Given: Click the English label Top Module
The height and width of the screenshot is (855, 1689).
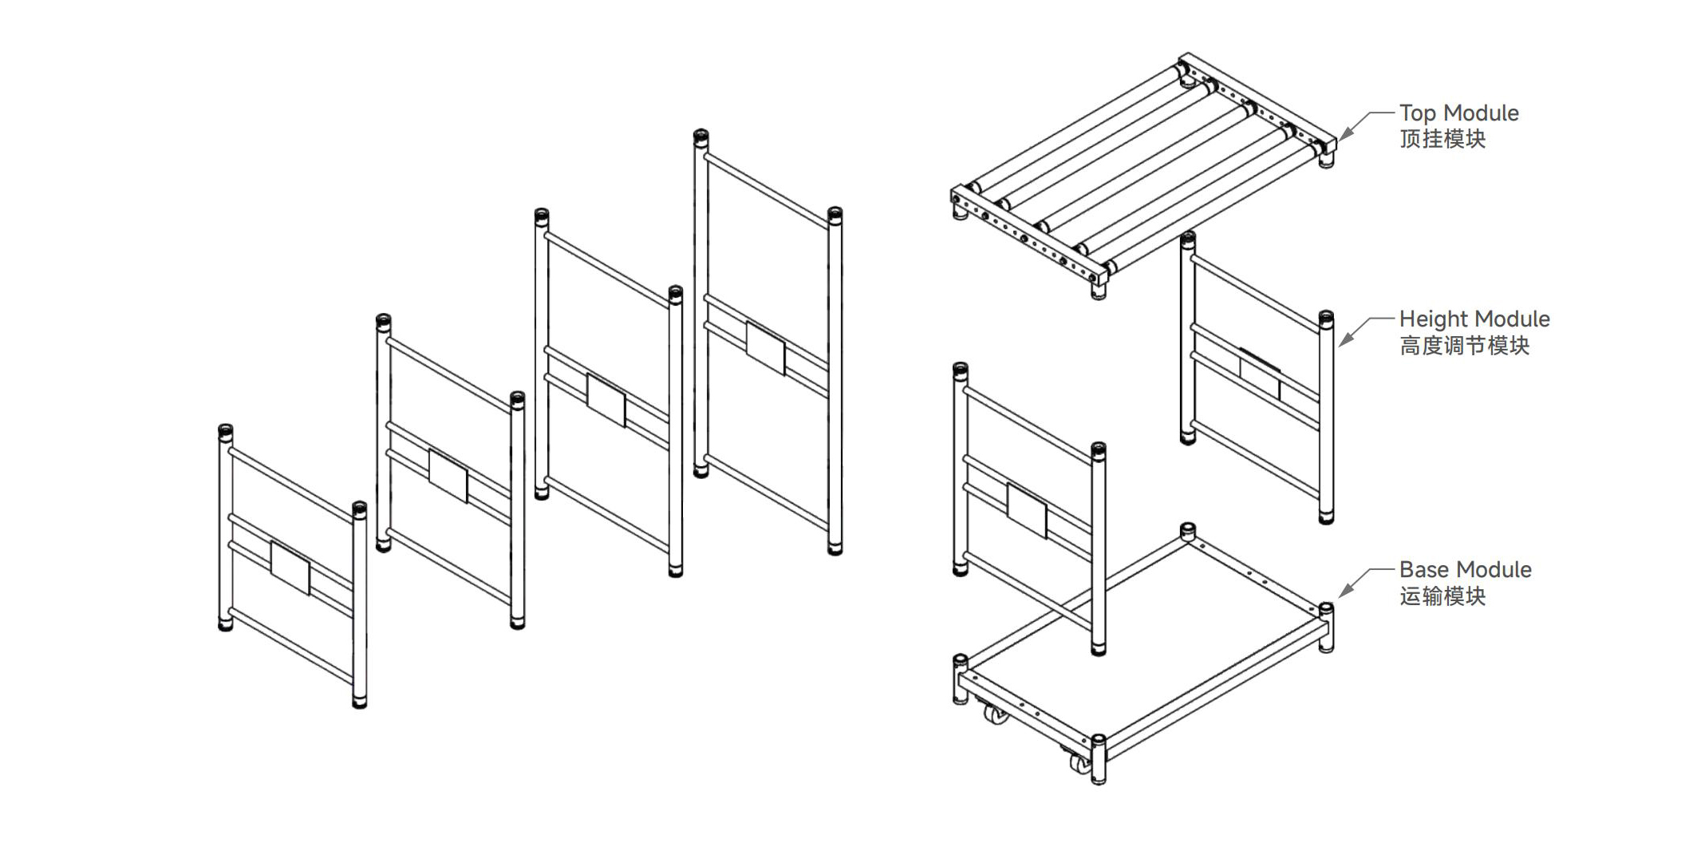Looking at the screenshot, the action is tap(1458, 113).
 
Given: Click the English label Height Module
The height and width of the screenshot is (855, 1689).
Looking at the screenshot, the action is tap(1474, 319).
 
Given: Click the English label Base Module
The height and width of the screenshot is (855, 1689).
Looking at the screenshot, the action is tap(1465, 569).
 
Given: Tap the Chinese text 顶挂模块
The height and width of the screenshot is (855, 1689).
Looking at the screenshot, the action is tap(1442, 139).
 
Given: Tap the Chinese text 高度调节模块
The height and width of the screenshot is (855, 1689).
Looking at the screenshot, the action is tap(1464, 345).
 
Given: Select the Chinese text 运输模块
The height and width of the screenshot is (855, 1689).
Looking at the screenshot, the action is tap(1442, 596).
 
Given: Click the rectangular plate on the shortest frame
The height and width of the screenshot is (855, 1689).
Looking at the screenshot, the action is tap(290, 568).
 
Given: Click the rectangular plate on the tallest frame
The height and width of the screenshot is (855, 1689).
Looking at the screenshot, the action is tap(765, 347).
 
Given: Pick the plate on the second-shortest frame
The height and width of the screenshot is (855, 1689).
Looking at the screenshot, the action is tap(448, 476).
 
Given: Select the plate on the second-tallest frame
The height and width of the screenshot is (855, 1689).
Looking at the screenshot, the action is tap(606, 400).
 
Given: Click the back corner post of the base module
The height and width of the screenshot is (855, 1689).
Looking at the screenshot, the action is tap(1187, 532).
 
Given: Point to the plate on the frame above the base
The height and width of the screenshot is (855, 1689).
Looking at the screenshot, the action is tap(1027, 510).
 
